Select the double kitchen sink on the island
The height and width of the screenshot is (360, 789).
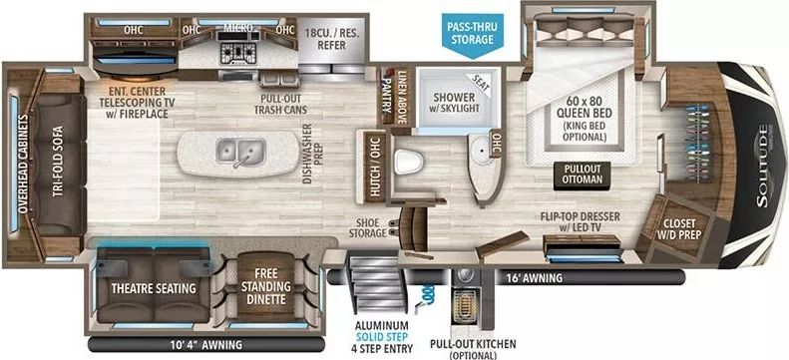(236, 154)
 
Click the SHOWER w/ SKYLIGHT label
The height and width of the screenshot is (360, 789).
(446, 102)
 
